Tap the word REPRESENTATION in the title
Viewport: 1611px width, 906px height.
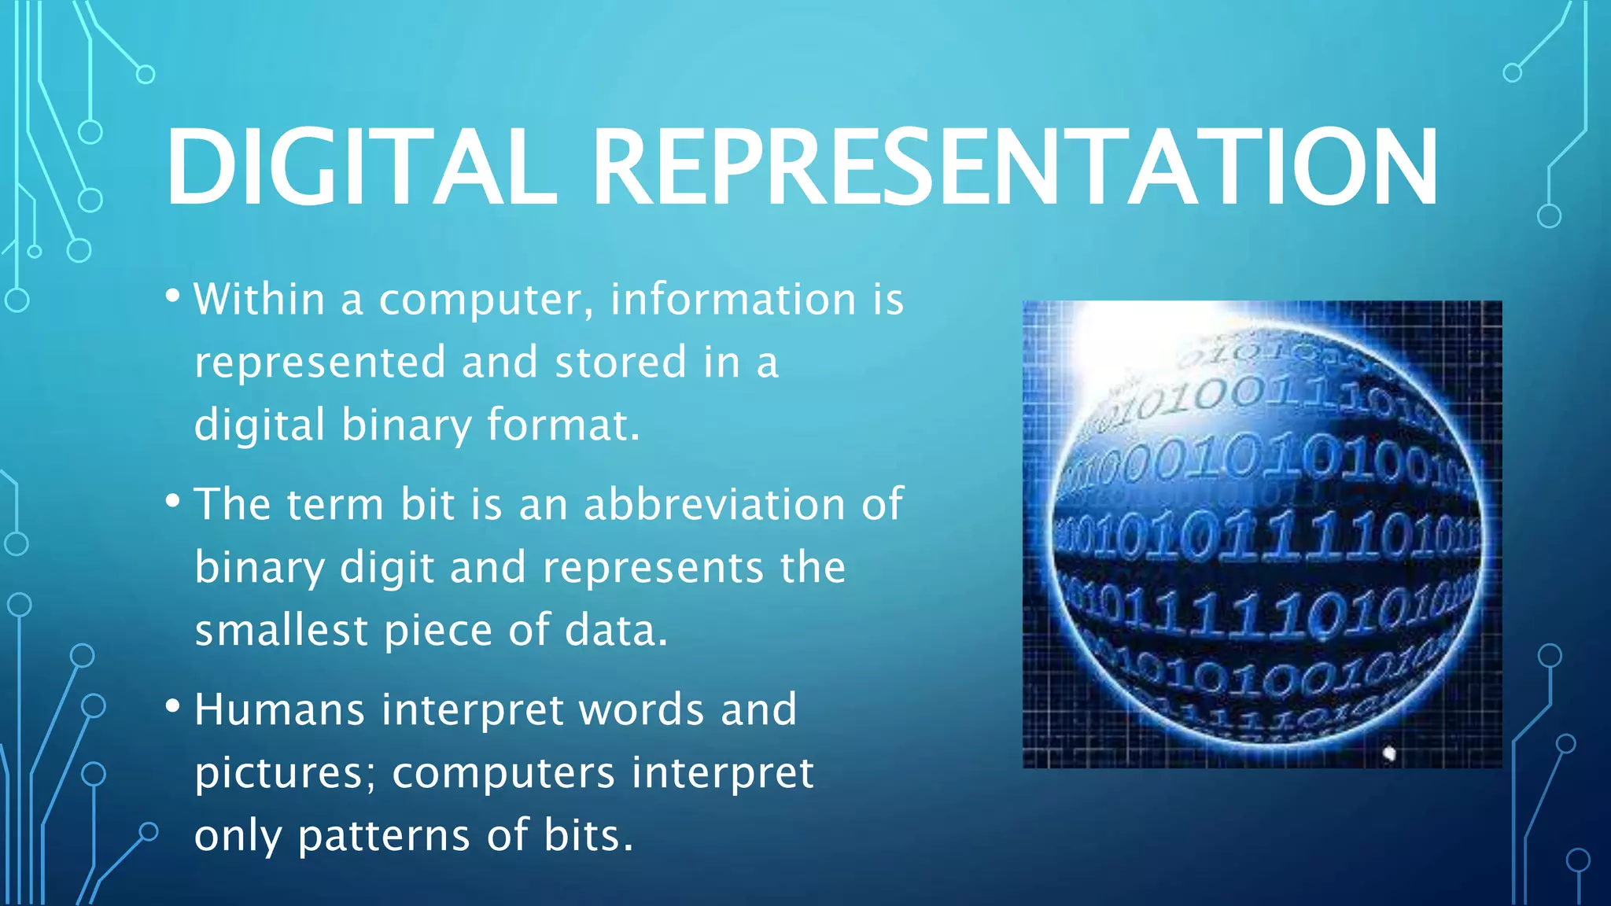coord(1015,168)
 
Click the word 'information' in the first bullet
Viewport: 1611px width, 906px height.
coord(733,299)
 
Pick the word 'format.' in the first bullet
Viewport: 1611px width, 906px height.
coord(563,425)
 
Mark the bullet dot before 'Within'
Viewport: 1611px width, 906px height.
coord(173,297)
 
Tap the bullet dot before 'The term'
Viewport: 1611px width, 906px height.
coord(173,501)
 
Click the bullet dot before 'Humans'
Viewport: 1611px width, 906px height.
coord(173,705)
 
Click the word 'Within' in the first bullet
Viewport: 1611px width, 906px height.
coord(260,299)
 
